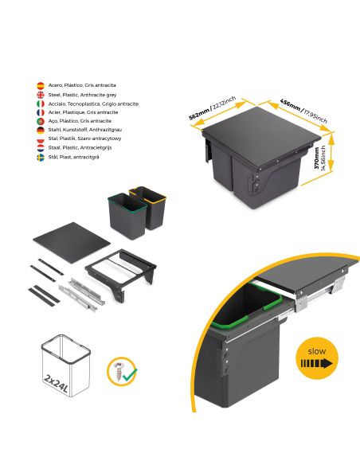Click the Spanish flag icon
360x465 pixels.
click(41, 84)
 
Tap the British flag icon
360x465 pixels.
click(41, 94)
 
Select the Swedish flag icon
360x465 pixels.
click(41, 158)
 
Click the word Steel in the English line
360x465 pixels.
click(53, 94)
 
